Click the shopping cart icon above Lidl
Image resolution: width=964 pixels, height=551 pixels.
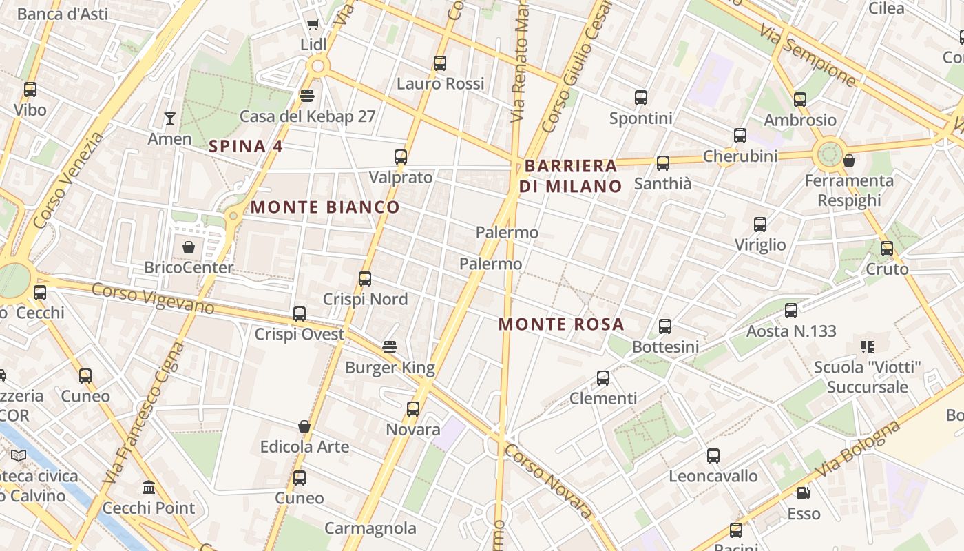[313, 25]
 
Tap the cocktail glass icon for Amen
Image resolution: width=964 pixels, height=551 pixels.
[169, 118]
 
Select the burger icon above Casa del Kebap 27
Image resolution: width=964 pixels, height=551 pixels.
[307, 95]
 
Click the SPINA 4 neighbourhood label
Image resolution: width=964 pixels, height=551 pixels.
[246, 146]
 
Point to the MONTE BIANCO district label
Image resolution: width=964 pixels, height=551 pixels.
[325, 207]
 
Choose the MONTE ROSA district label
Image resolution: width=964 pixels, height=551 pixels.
[561, 324]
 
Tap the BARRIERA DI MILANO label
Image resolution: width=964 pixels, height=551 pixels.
[571, 176]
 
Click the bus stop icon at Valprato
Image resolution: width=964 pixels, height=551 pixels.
[401, 157]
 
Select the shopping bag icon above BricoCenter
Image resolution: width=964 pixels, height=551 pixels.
[189, 247]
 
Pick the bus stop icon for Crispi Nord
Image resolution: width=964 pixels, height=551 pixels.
[365, 279]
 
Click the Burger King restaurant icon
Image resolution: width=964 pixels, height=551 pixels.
[390, 346]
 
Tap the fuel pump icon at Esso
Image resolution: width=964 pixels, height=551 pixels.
[803, 493]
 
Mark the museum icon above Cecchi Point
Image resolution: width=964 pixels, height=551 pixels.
[149, 488]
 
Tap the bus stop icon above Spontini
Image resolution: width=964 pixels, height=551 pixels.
[641, 98]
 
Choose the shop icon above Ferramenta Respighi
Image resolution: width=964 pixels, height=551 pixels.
[850, 160]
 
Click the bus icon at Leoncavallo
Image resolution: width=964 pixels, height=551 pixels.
[713, 456]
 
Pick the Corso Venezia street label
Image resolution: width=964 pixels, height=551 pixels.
[67, 180]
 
